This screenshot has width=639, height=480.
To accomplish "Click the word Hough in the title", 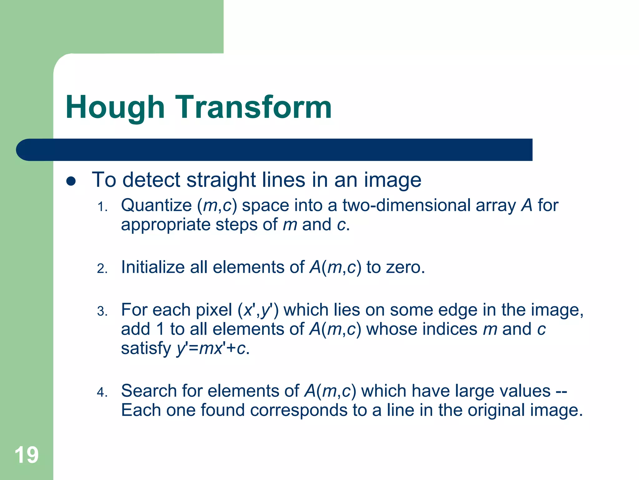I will (115, 108).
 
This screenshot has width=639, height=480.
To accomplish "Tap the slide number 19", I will (27, 455).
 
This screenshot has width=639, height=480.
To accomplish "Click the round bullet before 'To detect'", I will (71, 181).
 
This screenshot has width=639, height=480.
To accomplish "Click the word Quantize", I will (156, 206).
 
